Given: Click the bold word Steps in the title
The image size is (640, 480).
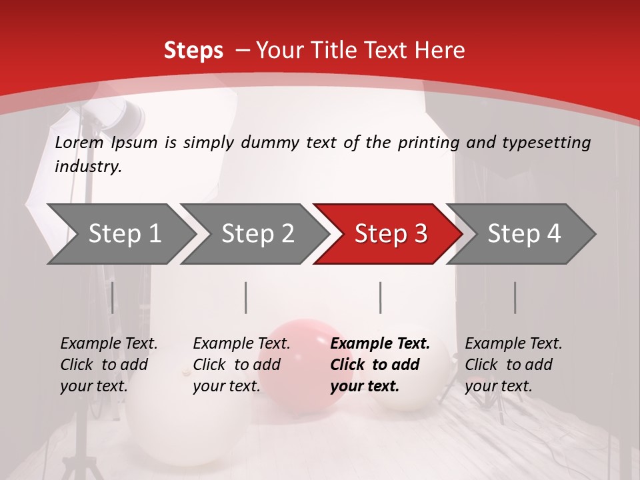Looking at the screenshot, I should tap(193, 50).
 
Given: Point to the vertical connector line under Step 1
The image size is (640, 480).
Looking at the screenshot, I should tap(113, 297).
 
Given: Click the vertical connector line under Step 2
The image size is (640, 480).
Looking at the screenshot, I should tap(246, 297).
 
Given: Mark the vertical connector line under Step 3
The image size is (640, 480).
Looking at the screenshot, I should tap(381, 297).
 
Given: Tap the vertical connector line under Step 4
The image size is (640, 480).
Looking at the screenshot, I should tap(515, 297).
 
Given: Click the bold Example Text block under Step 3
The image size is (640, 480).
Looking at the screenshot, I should tap(380, 365).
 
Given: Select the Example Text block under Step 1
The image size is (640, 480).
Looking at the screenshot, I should tap(109, 365).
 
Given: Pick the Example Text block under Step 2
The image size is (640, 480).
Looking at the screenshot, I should tap(241, 365).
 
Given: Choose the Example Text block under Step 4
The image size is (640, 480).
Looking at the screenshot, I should tap(513, 365).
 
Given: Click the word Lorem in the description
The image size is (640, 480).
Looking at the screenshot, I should tap(79, 143).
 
